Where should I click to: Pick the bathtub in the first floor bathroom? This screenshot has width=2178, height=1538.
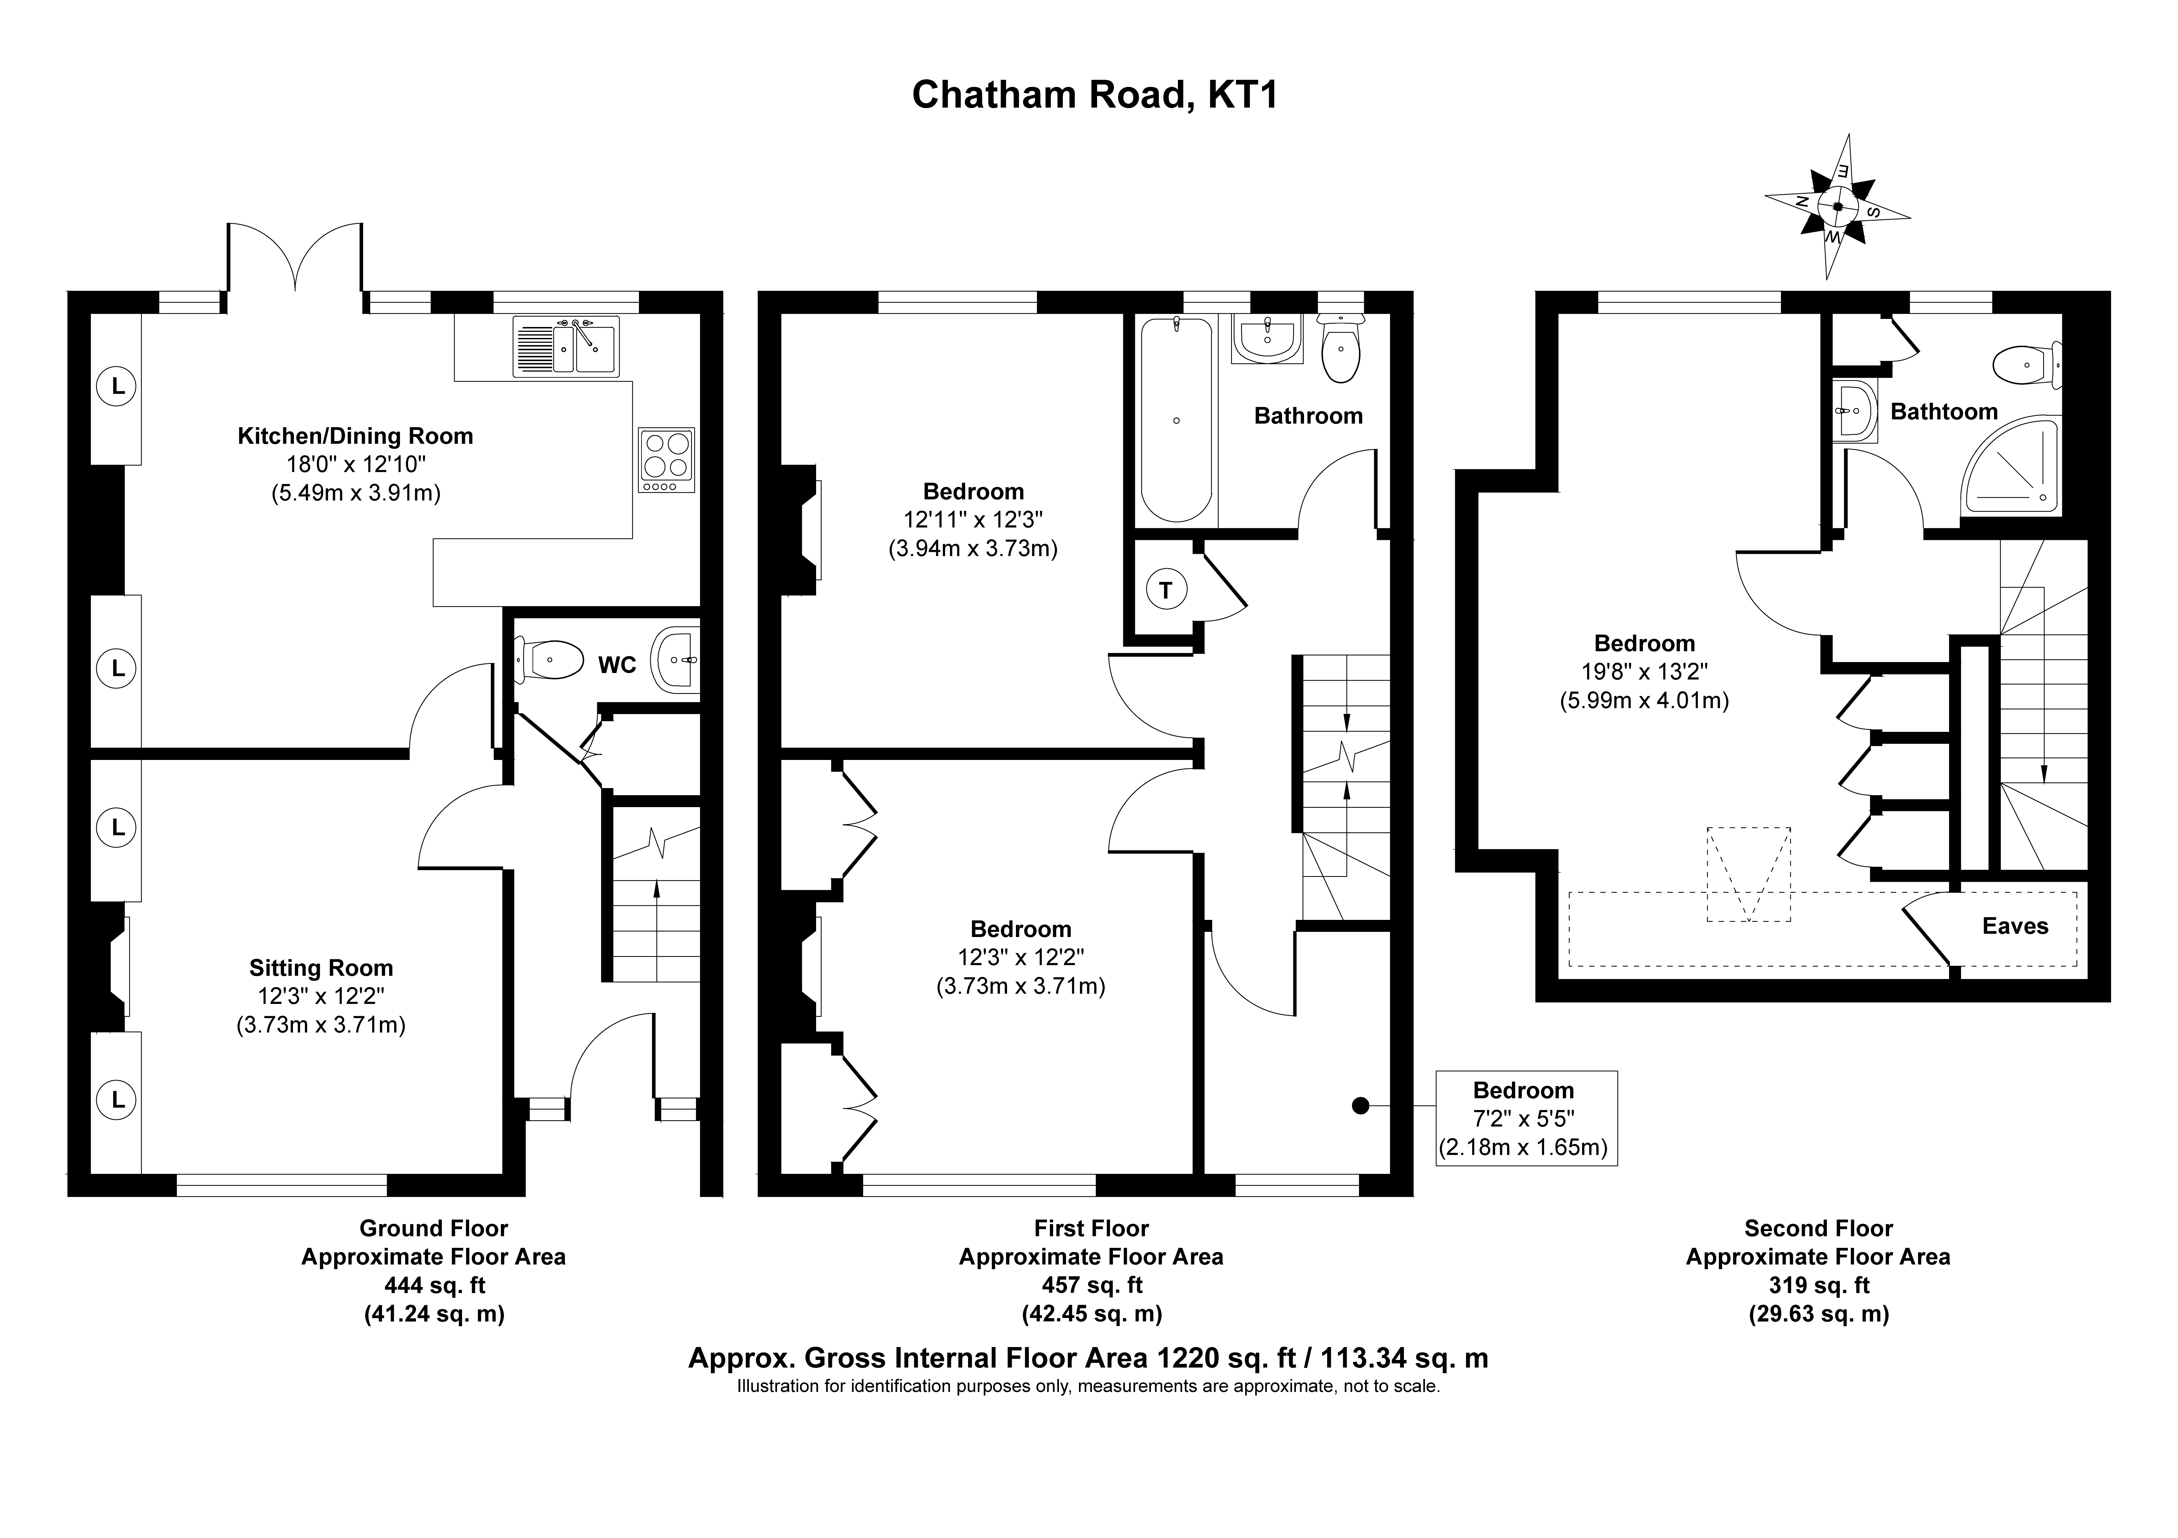(1176, 419)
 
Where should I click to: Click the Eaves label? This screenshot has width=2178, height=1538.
(2015, 926)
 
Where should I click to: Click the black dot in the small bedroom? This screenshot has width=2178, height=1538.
(1360, 1106)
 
